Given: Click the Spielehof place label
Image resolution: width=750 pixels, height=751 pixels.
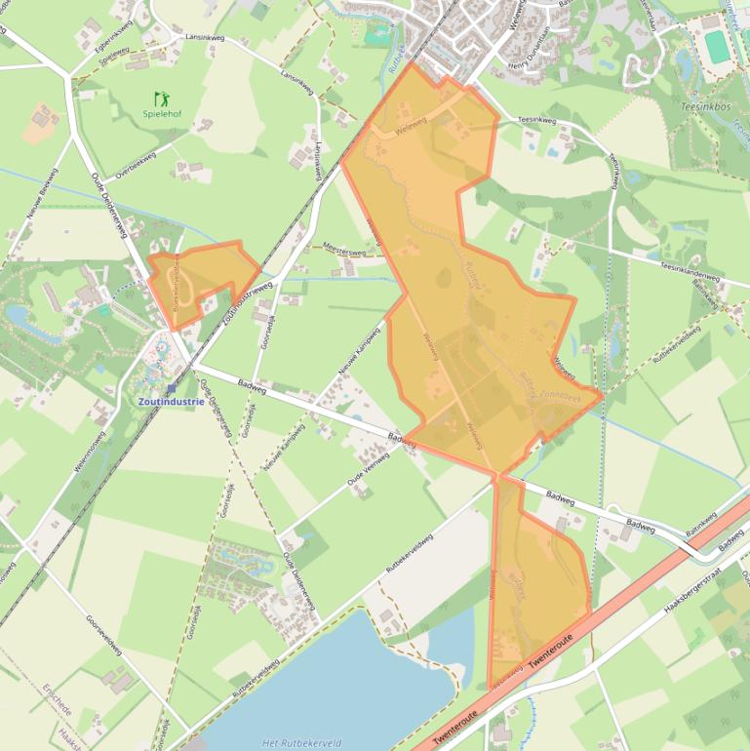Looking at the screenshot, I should [x=161, y=114].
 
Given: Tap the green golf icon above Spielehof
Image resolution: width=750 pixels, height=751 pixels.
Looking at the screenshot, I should [x=161, y=98].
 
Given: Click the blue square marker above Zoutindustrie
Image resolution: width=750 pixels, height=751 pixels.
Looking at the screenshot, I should [x=171, y=387].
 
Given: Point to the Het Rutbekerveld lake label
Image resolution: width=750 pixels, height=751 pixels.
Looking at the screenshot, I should [x=301, y=742].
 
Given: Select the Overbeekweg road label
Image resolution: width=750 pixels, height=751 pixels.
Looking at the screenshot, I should [x=137, y=164].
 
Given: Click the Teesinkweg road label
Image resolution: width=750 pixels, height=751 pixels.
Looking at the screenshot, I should [x=535, y=120].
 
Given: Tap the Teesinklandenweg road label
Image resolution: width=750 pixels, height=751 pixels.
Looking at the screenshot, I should [x=690, y=271].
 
